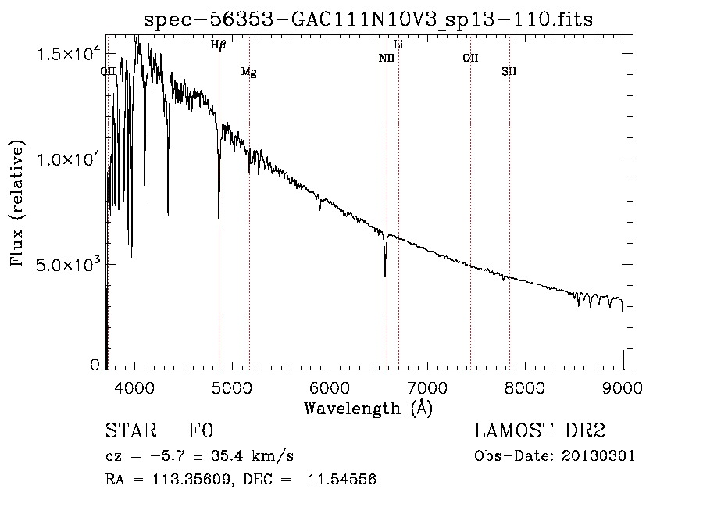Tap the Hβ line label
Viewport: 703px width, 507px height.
tap(218, 45)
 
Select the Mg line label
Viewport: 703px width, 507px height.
tap(248, 72)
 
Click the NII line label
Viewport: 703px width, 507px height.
tap(387, 58)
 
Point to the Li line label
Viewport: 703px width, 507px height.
tap(398, 45)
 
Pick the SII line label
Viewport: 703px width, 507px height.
tap(509, 71)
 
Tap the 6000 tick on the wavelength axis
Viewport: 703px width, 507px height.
tap(330, 388)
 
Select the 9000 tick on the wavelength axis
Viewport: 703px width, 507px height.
tap(623, 388)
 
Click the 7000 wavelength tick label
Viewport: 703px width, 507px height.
tap(427, 388)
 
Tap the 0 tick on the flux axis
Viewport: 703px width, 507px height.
tap(95, 365)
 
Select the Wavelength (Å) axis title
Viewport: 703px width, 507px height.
tap(368, 408)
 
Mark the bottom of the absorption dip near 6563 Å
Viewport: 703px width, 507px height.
tap(385, 276)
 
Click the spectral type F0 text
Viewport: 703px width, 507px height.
tap(202, 432)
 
